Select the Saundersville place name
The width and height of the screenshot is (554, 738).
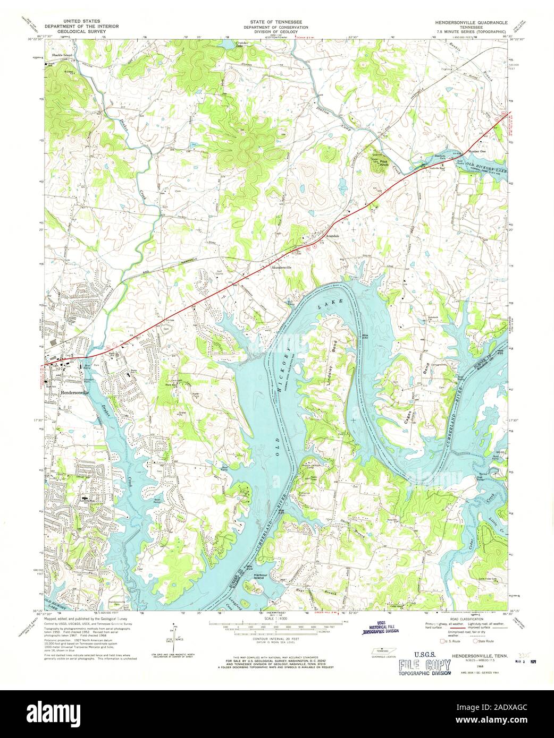click(x=284, y=267)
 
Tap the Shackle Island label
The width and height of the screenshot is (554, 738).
click(x=62, y=55)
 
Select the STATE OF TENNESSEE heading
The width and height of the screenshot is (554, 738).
click(x=277, y=23)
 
